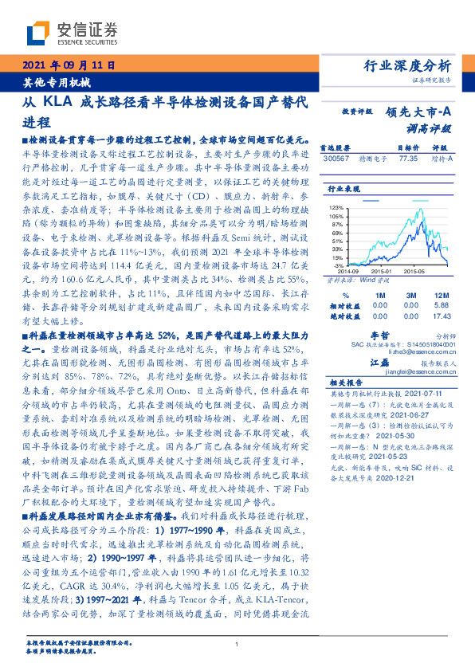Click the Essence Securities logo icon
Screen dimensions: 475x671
coord(38,33)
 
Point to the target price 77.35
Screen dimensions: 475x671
coord(407,158)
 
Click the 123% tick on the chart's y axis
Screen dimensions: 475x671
coord(336,207)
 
